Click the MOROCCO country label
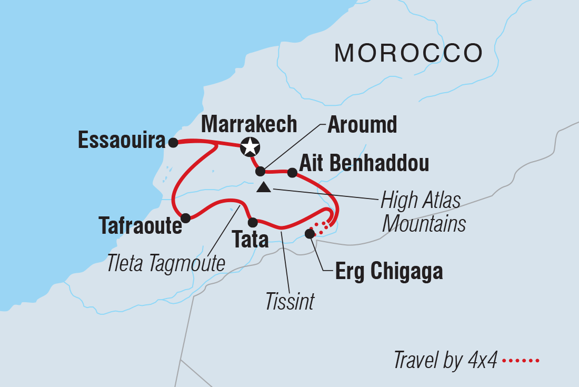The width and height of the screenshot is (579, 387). click(x=408, y=53)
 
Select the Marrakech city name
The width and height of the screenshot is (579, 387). click(x=249, y=124)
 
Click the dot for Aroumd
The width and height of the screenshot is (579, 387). click(x=260, y=171)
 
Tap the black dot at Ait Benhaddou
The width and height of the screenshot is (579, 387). click(x=292, y=172)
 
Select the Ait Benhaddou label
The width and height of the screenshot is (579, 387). click(x=364, y=164)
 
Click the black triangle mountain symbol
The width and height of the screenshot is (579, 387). click(x=264, y=187)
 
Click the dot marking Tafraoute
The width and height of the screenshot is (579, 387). click(x=185, y=217)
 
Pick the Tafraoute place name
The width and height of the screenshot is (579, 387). click(x=140, y=226)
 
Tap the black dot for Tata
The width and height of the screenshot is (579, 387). click(x=253, y=222)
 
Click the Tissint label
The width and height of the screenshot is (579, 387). click(x=290, y=302)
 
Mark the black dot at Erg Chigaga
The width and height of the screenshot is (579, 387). click(x=310, y=233)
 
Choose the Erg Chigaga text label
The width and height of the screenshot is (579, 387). click(x=389, y=272)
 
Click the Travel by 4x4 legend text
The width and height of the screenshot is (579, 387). click(x=445, y=361)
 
